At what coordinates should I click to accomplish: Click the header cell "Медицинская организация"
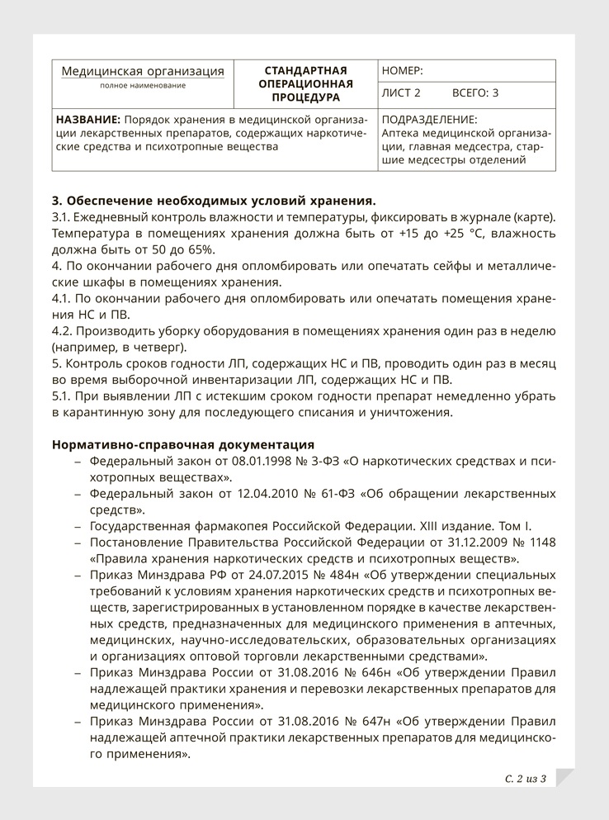click(x=143, y=71)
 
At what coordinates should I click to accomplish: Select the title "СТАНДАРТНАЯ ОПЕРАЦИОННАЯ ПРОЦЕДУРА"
click(x=306, y=83)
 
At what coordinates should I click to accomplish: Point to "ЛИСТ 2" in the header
click(x=401, y=93)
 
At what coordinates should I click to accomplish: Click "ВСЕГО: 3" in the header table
click(x=475, y=93)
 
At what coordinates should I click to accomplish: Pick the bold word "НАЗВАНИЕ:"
click(x=86, y=119)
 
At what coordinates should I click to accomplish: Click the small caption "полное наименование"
click(x=143, y=86)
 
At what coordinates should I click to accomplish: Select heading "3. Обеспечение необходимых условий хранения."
click(x=214, y=201)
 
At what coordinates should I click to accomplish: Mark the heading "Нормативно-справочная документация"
click(x=182, y=444)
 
